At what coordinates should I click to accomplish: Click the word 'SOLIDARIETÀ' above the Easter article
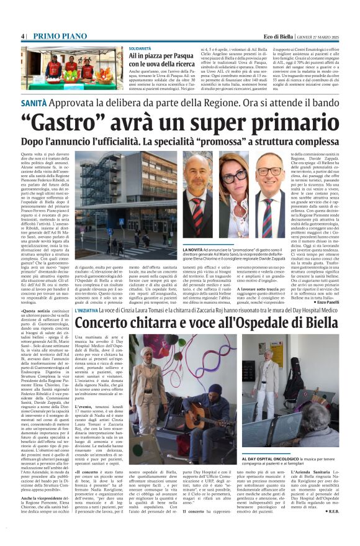[x=140, y=48]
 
